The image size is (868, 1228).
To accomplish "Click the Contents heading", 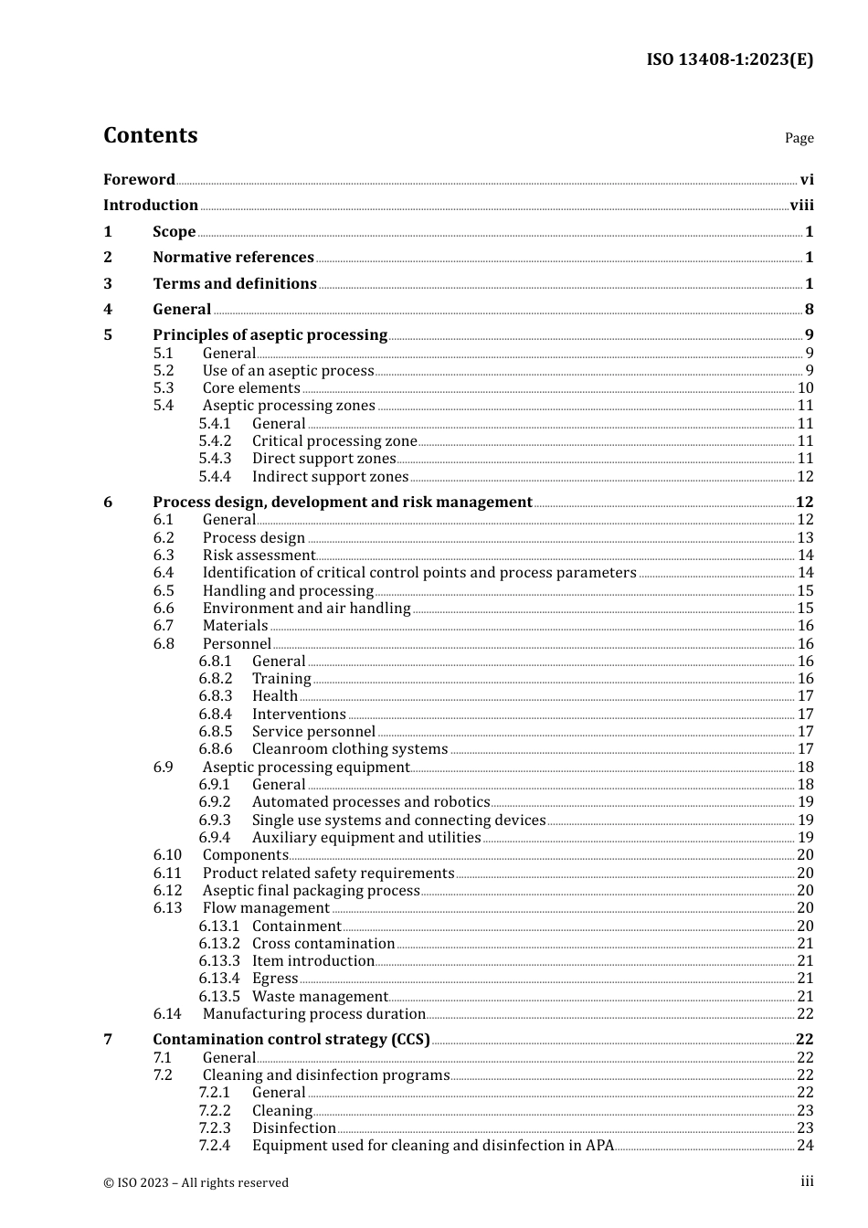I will [150, 135].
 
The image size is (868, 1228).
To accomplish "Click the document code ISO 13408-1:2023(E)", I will [729, 59].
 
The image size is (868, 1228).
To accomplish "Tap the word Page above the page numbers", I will [799, 138].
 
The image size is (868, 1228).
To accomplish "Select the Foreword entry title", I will [139, 180].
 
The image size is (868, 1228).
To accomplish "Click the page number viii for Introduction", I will [801, 206].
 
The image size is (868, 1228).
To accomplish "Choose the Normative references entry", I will [233, 258].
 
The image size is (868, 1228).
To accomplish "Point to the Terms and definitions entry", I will [235, 284].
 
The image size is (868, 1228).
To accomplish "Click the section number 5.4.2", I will [215, 441].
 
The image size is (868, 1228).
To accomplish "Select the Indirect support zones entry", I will [330, 477].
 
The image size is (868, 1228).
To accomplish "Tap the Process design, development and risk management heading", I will [342, 503].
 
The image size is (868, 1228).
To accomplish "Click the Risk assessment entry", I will [259, 556].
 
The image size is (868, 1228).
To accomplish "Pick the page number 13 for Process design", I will [805, 538].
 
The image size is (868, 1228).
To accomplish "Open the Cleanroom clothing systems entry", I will [350, 749].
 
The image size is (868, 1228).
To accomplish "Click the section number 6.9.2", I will [215, 802].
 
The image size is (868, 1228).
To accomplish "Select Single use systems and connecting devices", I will [398, 820].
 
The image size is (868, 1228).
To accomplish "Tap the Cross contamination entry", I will [323, 944].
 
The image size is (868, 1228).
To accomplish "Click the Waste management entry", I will [320, 997].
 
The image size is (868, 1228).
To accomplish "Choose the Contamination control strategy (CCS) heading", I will [291, 1040].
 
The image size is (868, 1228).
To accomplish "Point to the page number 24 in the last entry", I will [805, 1146].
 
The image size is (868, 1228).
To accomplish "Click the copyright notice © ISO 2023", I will [196, 1182].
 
